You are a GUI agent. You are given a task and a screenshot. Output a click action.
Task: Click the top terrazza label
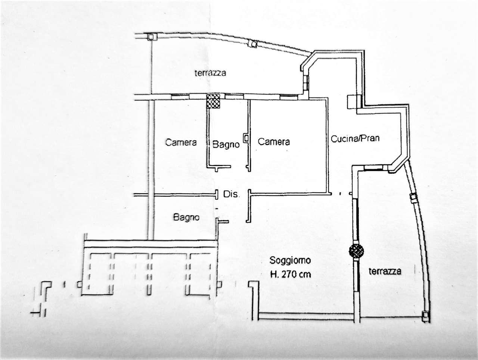pyautogui.click(x=210, y=73)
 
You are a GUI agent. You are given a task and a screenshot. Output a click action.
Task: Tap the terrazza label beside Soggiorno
pyautogui.click(x=385, y=271)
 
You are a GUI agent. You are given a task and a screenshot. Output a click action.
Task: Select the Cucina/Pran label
pyautogui.click(x=355, y=138)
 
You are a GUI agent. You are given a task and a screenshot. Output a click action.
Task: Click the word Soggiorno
pyautogui.click(x=290, y=260)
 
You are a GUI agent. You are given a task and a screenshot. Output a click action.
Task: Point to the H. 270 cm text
pyautogui.click(x=291, y=275)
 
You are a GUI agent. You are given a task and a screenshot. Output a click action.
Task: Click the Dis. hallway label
pyautogui.click(x=230, y=194)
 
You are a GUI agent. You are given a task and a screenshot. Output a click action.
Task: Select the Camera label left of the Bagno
pyautogui.click(x=181, y=143)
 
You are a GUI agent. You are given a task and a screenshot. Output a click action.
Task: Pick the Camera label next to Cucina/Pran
pyautogui.click(x=274, y=142)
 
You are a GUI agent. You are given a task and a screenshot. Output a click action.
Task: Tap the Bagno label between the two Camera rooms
pyautogui.click(x=226, y=144)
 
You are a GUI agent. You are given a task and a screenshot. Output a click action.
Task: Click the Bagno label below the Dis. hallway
pyautogui.click(x=186, y=217)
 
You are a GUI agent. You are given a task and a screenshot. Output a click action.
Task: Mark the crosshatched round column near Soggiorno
pyautogui.click(x=356, y=251)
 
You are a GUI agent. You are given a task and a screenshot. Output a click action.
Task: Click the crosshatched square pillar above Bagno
pyautogui.click(x=213, y=101)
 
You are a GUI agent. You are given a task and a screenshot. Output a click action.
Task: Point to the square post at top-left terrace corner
pyautogui.click(x=151, y=37)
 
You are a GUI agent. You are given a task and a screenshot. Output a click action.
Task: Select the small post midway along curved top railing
pyautogui.click(x=253, y=44)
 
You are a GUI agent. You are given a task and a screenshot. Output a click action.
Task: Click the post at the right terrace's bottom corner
pyautogui.click(x=425, y=317)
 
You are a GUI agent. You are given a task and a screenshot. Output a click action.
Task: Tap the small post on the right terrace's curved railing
pyautogui.click(x=413, y=198)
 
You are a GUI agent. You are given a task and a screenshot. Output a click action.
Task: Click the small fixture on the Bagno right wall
pyautogui.click(x=246, y=138)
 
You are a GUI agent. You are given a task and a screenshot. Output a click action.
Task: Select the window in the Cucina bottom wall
pyautogui.click(x=373, y=168)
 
